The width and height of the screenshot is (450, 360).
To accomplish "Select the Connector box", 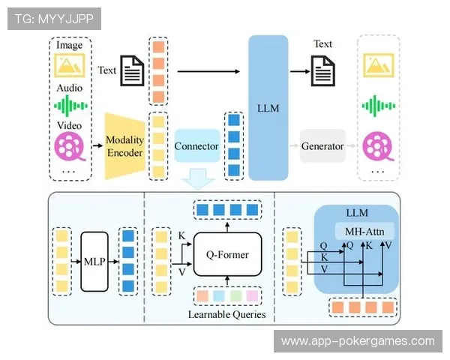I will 196,145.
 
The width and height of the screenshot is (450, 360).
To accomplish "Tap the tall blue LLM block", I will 268,108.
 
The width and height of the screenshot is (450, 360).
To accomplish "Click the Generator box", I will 322,145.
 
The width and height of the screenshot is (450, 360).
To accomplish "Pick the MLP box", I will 95,262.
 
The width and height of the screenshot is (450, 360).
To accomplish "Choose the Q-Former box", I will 227,255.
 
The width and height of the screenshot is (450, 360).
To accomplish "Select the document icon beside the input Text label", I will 133,72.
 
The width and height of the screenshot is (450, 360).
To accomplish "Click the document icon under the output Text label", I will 323,71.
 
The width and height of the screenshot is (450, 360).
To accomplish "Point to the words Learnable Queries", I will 228,315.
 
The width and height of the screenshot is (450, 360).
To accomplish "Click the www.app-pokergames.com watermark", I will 357,340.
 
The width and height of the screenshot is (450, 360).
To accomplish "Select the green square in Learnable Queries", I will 236,296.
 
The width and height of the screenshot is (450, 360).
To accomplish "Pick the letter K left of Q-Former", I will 181,238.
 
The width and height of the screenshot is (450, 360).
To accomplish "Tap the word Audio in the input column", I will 70,88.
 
